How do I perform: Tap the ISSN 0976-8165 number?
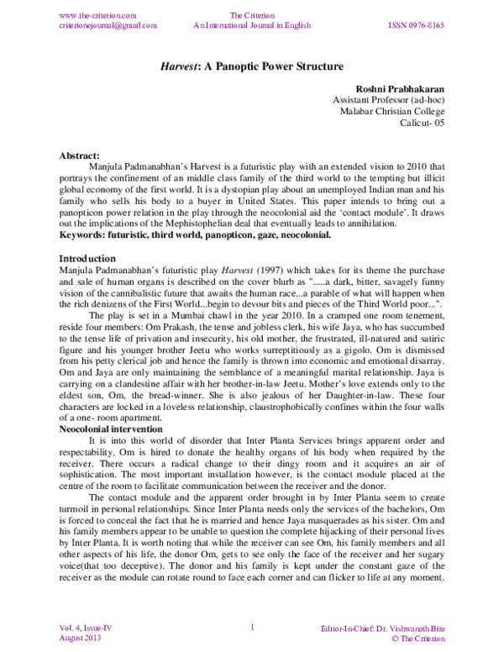[x=417, y=26]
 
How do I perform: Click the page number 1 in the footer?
[x=252, y=628]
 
